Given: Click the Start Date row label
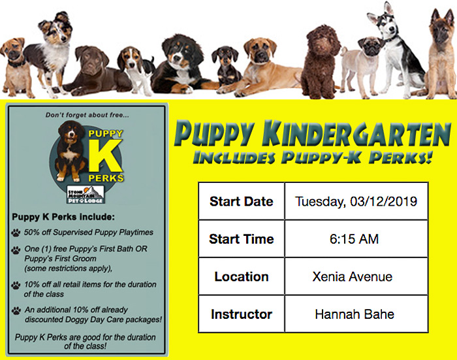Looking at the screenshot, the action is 242,201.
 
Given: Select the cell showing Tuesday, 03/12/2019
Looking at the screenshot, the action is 356,201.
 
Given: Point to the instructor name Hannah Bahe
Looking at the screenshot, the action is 355,314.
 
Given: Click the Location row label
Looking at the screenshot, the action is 242,276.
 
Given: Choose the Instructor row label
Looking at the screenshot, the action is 242,314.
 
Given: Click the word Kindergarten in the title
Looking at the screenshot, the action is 356,134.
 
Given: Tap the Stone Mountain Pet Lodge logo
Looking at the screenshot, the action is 86,194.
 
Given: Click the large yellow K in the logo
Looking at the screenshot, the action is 105,155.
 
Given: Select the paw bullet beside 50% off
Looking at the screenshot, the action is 16,233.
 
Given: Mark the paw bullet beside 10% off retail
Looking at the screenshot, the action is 16,285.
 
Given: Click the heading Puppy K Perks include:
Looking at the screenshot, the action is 63,217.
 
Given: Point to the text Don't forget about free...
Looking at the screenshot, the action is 87,115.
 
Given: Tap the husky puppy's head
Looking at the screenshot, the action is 385,20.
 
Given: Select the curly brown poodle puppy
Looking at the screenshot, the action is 321,62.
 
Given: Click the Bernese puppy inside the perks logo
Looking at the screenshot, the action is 71,151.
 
